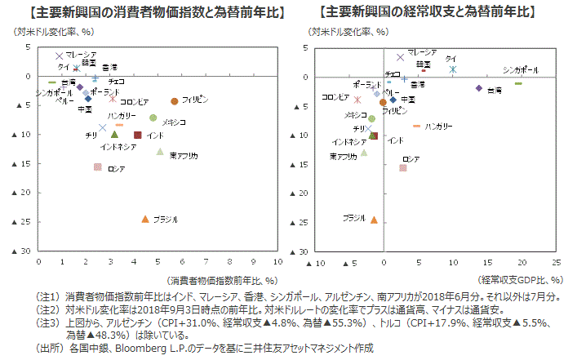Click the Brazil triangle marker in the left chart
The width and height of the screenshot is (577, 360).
(145, 219)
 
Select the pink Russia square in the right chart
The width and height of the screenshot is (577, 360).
(403, 167)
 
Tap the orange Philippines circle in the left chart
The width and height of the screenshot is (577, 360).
(175, 101)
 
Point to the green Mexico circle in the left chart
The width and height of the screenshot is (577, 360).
(153, 118)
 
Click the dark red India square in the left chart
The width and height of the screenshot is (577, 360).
(138, 135)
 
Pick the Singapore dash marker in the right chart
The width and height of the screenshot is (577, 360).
(518, 83)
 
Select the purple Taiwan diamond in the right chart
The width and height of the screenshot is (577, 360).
(478, 88)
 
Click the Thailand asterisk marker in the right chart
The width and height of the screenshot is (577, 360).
(453, 69)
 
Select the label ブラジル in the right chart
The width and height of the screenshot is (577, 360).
(353, 218)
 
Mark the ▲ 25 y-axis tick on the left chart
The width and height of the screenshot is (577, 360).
(26, 222)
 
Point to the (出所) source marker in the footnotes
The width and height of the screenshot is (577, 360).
(50, 348)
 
